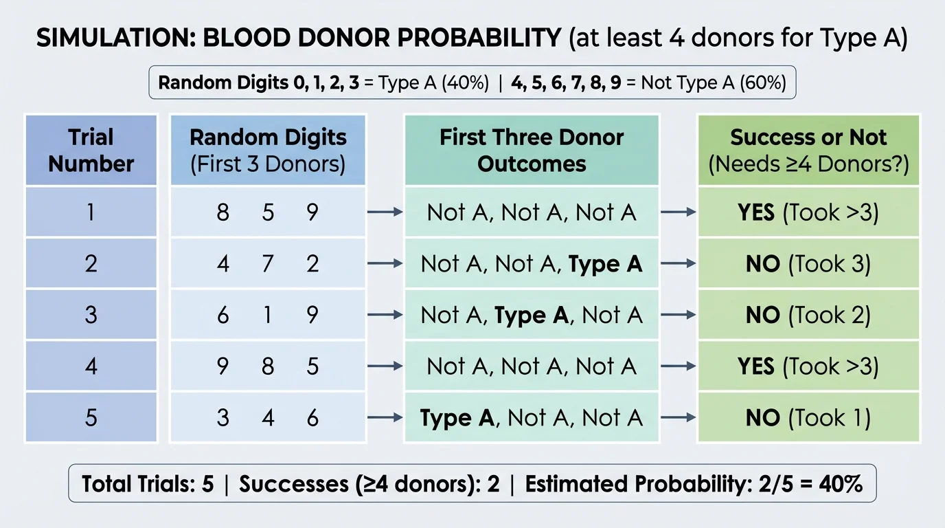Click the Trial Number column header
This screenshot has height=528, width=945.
91,151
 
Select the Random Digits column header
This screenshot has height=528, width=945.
268,151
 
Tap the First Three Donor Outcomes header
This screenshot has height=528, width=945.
532,151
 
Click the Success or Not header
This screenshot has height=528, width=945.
808,151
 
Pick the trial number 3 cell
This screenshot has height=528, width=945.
91,315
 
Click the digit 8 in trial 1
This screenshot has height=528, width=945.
223,212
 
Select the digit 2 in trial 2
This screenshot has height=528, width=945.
312,264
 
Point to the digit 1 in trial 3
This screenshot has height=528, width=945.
268,315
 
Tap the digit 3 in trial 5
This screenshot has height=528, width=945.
223,417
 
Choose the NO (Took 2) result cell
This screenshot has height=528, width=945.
808,315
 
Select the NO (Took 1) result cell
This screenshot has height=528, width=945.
808,417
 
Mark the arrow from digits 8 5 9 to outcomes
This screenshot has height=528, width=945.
385,212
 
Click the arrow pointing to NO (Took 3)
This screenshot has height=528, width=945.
679,264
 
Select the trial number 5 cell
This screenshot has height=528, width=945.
91,417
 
